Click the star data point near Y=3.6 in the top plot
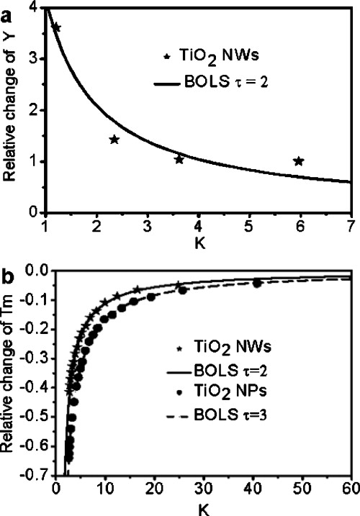(x=56, y=27)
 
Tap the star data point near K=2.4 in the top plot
(x=114, y=139)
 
